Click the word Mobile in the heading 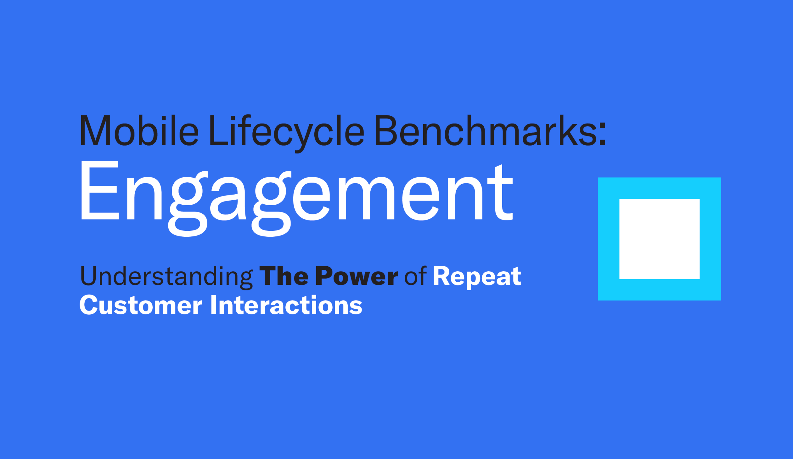tap(139, 130)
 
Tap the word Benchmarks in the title tap(486, 130)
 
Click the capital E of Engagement tap(100, 190)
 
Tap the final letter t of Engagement tap(500, 192)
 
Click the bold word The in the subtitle tap(284, 276)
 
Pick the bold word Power tap(357, 276)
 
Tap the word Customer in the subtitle tap(141, 305)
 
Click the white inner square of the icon tap(660, 239)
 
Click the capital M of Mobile tap(95, 130)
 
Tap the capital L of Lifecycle tap(219, 130)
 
